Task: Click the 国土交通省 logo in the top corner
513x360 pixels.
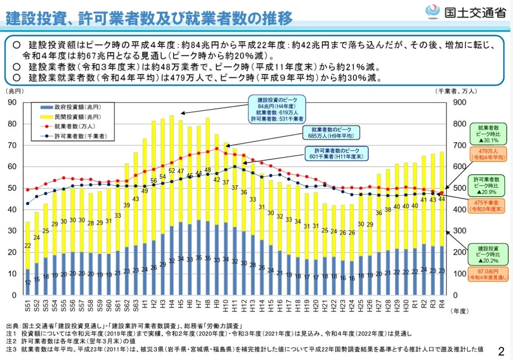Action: tap(466, 13)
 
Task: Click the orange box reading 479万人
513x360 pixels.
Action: tap(488, 154)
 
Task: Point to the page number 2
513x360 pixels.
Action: tap(501, 350)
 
